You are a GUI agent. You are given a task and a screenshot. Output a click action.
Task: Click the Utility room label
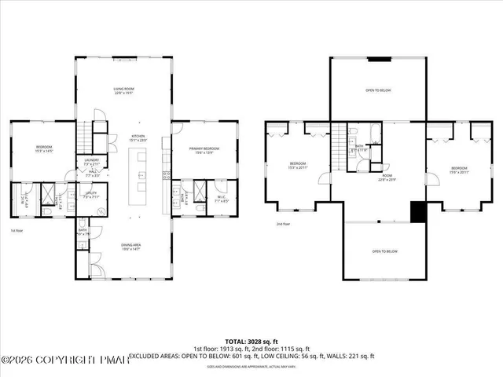tap(92, 195)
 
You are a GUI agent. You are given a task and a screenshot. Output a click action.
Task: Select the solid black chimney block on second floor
tap(418, 212)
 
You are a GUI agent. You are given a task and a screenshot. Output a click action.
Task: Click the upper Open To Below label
tap(378, 90)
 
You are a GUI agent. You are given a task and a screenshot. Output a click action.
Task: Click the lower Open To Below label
tap(385, 251)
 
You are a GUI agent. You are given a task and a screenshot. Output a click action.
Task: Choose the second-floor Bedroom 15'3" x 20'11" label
tap(297, 166)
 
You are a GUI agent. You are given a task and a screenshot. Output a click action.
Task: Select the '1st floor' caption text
tap(16, 231)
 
